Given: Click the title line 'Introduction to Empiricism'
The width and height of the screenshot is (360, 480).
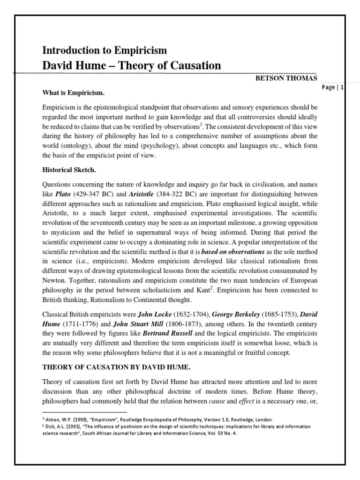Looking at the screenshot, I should click(x=105, y=50).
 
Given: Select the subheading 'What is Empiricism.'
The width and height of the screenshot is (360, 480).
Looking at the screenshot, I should click(x=73, y=92).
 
